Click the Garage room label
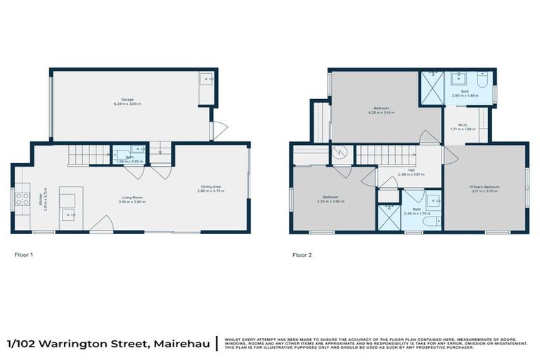127,100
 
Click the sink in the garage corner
205,79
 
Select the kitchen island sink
70,215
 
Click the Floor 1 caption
24,255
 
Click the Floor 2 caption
302,255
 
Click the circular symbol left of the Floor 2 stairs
340,152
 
